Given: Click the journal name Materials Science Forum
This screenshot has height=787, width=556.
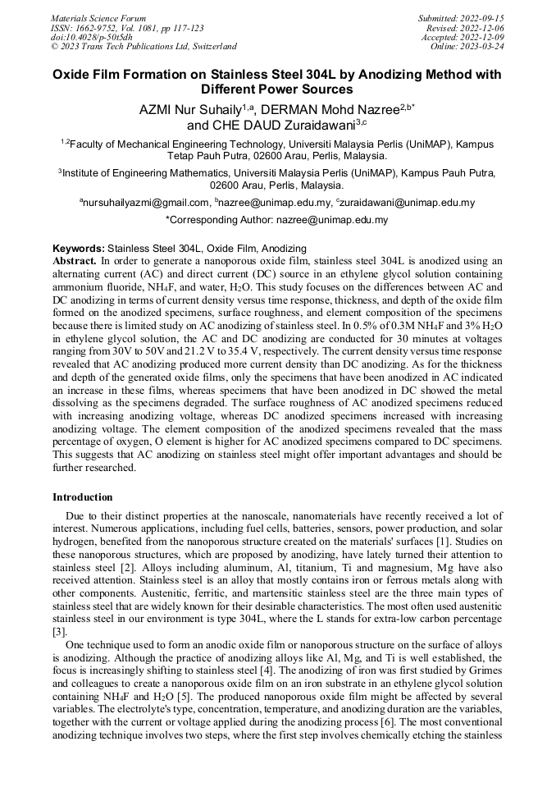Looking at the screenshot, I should coord(98,18).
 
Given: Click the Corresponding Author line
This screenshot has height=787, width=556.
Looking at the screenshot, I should coord(277,220).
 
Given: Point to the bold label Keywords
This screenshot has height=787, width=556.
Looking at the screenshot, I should coord(79,248).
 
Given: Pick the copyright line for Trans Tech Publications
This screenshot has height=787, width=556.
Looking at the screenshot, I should coord(144,47).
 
